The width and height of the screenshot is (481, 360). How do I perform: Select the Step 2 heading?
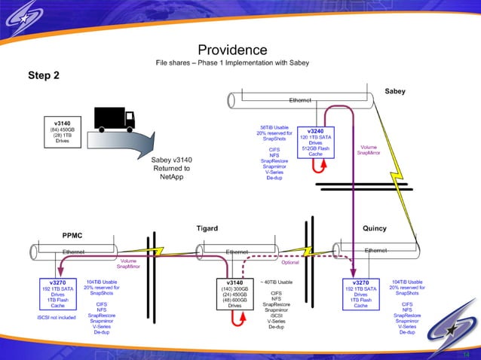tap(44, 75)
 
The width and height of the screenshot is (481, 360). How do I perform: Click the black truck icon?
tap(114, 118)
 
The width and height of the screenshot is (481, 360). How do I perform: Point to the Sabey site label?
tap(394, 91)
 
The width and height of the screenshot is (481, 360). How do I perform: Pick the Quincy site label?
tap(374, 229)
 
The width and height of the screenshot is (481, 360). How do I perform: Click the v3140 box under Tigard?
tap(237, 294)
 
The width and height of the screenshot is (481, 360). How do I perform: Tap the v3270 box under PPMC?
tap(58, 294)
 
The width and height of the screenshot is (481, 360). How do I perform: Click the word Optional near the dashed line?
tap(290, 263)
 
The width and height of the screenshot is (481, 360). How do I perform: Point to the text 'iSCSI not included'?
tap(57, 318)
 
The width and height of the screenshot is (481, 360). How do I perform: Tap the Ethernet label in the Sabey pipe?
tap(300, 99)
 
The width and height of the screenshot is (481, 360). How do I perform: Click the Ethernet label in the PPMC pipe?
tap(73, 252)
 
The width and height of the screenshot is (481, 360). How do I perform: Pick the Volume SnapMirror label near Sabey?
tap(369, 149)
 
